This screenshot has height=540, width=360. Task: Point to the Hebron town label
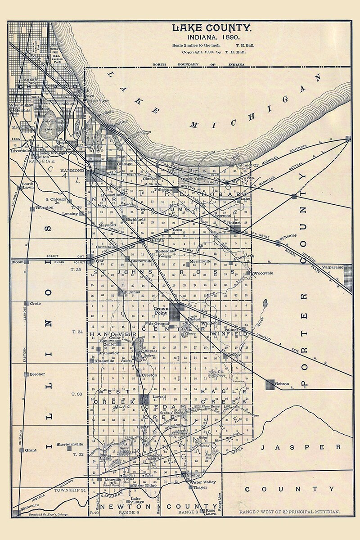(282, 378)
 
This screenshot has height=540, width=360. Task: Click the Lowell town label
(160, 396)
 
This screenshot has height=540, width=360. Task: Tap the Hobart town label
(234, 223)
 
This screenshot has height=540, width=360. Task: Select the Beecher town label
(37, 374)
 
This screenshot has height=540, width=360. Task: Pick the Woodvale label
(261, 273)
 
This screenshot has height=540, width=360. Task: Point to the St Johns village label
(132, 292)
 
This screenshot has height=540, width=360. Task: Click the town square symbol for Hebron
(270, 384)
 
